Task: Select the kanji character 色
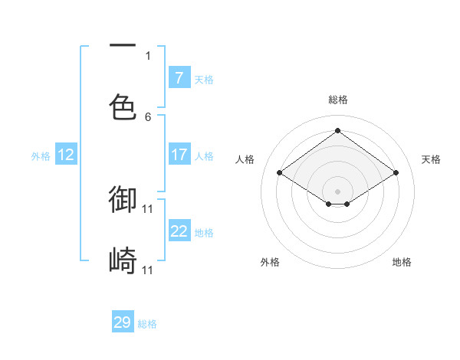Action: pyautogui.click(x=123, y=107)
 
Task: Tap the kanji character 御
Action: pyautogui.click(x=123, y=199)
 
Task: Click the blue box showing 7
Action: pyautogui.click(x=179, y=77)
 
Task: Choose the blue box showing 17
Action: pyautogui.click(x=179, y=155)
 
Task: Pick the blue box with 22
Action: pyautogui.click(x=179, y=231)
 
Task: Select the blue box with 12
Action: pyautogui.click(x=65, y=155)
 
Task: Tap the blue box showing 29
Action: pyautogui.click(x=123, y=322)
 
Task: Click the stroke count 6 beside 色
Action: pyautogui.click(x=148, y=116)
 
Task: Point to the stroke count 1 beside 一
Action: pyautogui.click(x=148, y=55)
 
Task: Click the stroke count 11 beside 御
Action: pyautogui.click(x=148, y=208)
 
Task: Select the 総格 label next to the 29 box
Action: pyautogui.click(x=148, y=324)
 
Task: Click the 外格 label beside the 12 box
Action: pyautogui.click(x=41, y=155)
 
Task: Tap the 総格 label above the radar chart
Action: pyautogui.click(x=338, y=100)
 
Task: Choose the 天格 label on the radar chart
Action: pyautogui.click(x=431, y=159)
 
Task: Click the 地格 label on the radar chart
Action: pyautogui.click(x=402, y=262)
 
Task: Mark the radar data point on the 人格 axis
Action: pyautogui.click(x=280, y=173)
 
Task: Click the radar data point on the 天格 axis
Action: pyautogui.click(x=396, y=173)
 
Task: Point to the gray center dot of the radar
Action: pyautogui.click(x=338, y=191)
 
